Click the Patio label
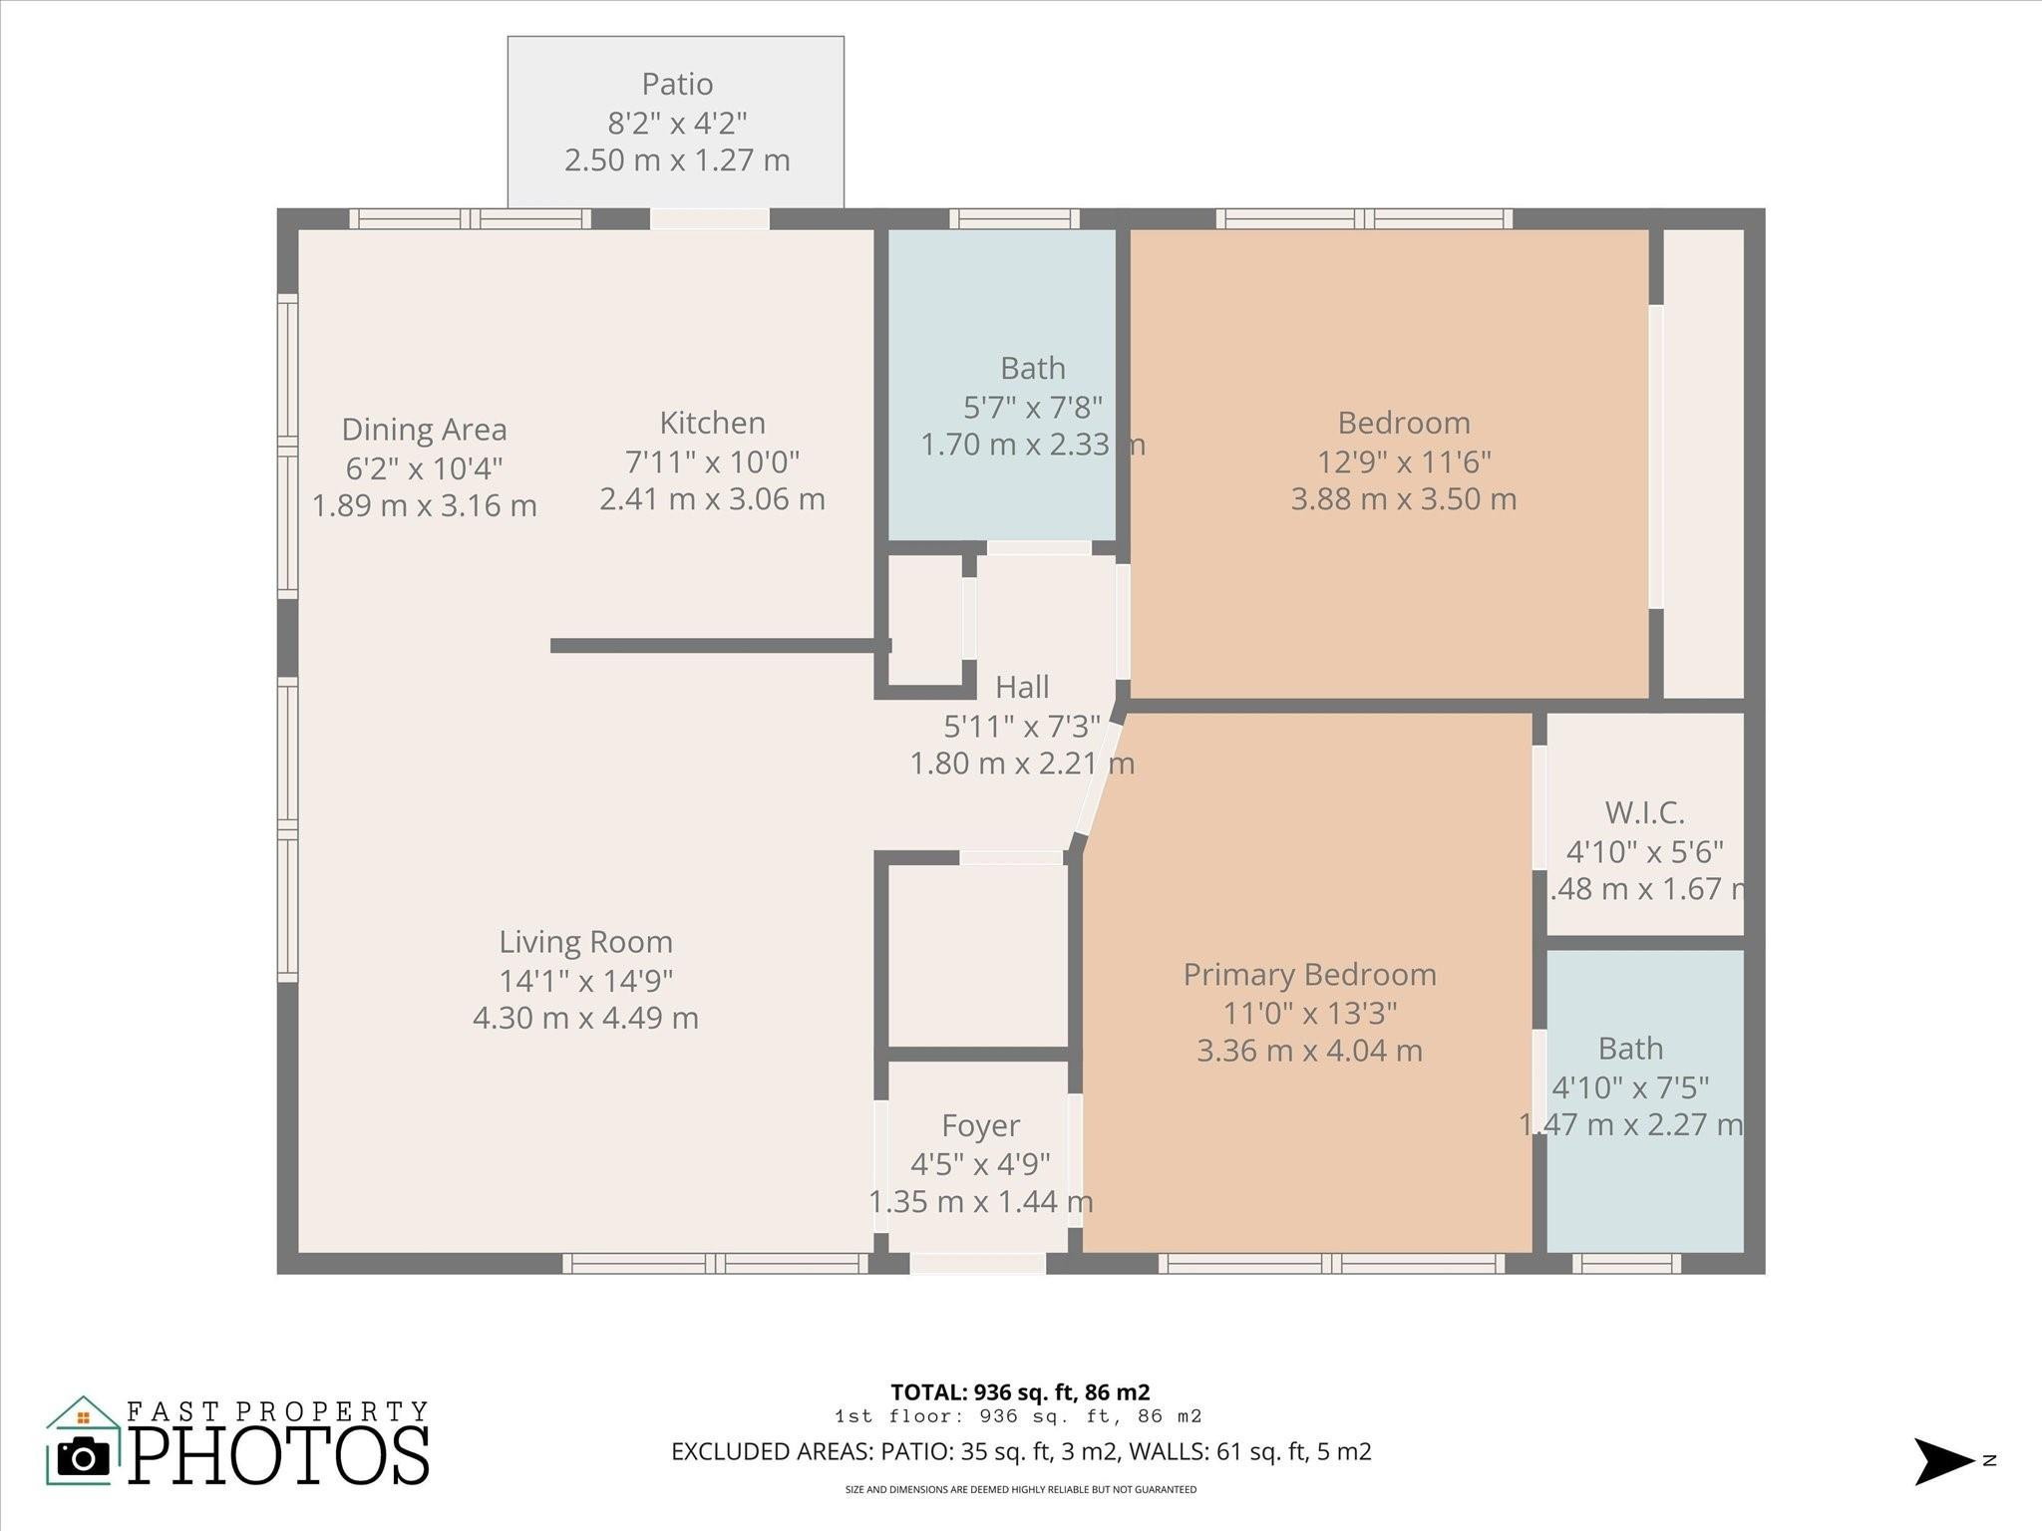point(677,84)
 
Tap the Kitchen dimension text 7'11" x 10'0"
point(712,461)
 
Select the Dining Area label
point(424,430)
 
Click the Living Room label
point(585,942)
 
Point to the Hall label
point(1022,687)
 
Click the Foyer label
point(980,1125)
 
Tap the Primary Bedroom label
point(1309,975)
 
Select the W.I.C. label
point(1644,813)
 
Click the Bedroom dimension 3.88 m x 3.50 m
point(1403,499)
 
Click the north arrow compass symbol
point(1942,1461)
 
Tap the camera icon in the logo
point(84,1458)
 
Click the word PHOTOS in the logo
point(279,1456)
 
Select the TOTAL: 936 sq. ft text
point(1020,1392)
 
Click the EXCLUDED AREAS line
point(1021,1452)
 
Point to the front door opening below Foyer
point(977,1264)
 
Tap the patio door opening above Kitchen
point(710,218)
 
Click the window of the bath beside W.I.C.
point(1626,1264)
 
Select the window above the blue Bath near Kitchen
point(1014,218)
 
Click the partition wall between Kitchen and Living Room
point(718,646)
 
